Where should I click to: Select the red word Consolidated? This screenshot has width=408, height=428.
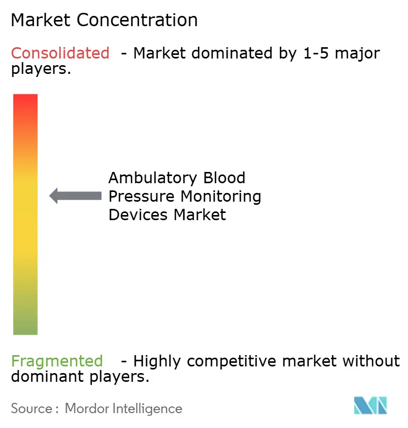pyautogui.click(x=60, y=53)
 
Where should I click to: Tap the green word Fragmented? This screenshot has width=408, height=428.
pyautogui.click(x=57, y=361)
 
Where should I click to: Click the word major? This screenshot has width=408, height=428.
pyautogui.click(x=361, y=53)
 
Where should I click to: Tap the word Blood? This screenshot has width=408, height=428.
pyautogui.click(x=223, y=178)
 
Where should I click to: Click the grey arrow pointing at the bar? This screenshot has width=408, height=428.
pyautogui.click(x=75, y=196)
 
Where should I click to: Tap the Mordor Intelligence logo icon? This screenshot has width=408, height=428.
pyautogui.click(x=370, y=405)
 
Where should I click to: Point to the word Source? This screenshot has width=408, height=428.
pyautogui.click(x=30, y=408)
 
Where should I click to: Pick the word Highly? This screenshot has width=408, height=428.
pyautogui.click(x=157, y=361)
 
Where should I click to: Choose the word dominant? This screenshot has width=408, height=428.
pyautogui.click(x=42, y=377)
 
